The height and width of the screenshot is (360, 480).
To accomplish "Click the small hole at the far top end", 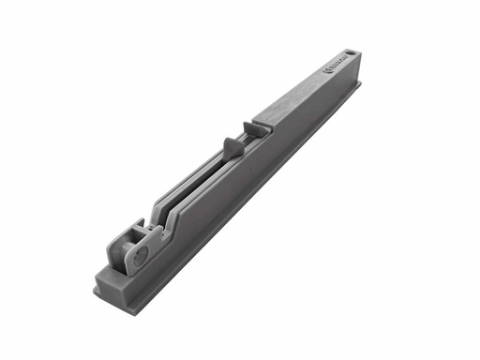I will (351, 52).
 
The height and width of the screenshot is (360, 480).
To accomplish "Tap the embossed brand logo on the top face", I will (334, 66).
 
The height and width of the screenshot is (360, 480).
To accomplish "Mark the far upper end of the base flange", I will (359, 85).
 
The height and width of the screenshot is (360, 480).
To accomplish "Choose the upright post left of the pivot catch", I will (115, 249).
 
